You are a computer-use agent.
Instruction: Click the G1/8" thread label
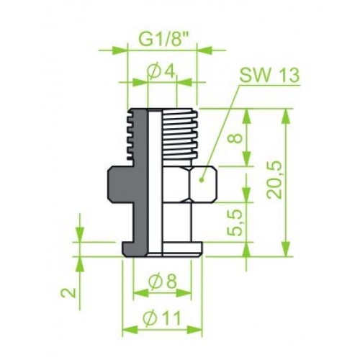point(164,40)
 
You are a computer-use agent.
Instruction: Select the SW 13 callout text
point(269,75)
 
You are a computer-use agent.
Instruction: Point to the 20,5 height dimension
point(274,180)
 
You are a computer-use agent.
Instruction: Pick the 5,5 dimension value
point(234,222)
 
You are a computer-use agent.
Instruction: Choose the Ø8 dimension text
point(163,282)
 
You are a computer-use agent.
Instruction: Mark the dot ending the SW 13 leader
point(201,179)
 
